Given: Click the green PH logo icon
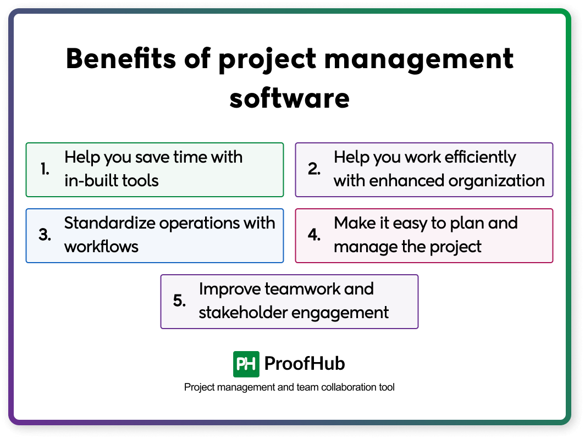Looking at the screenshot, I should point(246,364).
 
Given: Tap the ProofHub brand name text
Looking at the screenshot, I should point(305,364).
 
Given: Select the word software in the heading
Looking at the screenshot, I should point(290,99).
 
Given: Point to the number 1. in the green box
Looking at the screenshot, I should point(46,170).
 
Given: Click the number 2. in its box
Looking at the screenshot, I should point(314,170).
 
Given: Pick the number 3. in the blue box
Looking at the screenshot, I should point(45,235).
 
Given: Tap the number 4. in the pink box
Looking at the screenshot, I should point(314,235).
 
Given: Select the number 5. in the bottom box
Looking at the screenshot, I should point(180,301).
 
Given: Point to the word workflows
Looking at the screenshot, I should point(101,247).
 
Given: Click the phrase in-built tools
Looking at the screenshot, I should point(112,181).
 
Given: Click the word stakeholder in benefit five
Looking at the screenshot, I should point(243,313).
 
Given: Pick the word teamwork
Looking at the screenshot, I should point(300,289).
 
